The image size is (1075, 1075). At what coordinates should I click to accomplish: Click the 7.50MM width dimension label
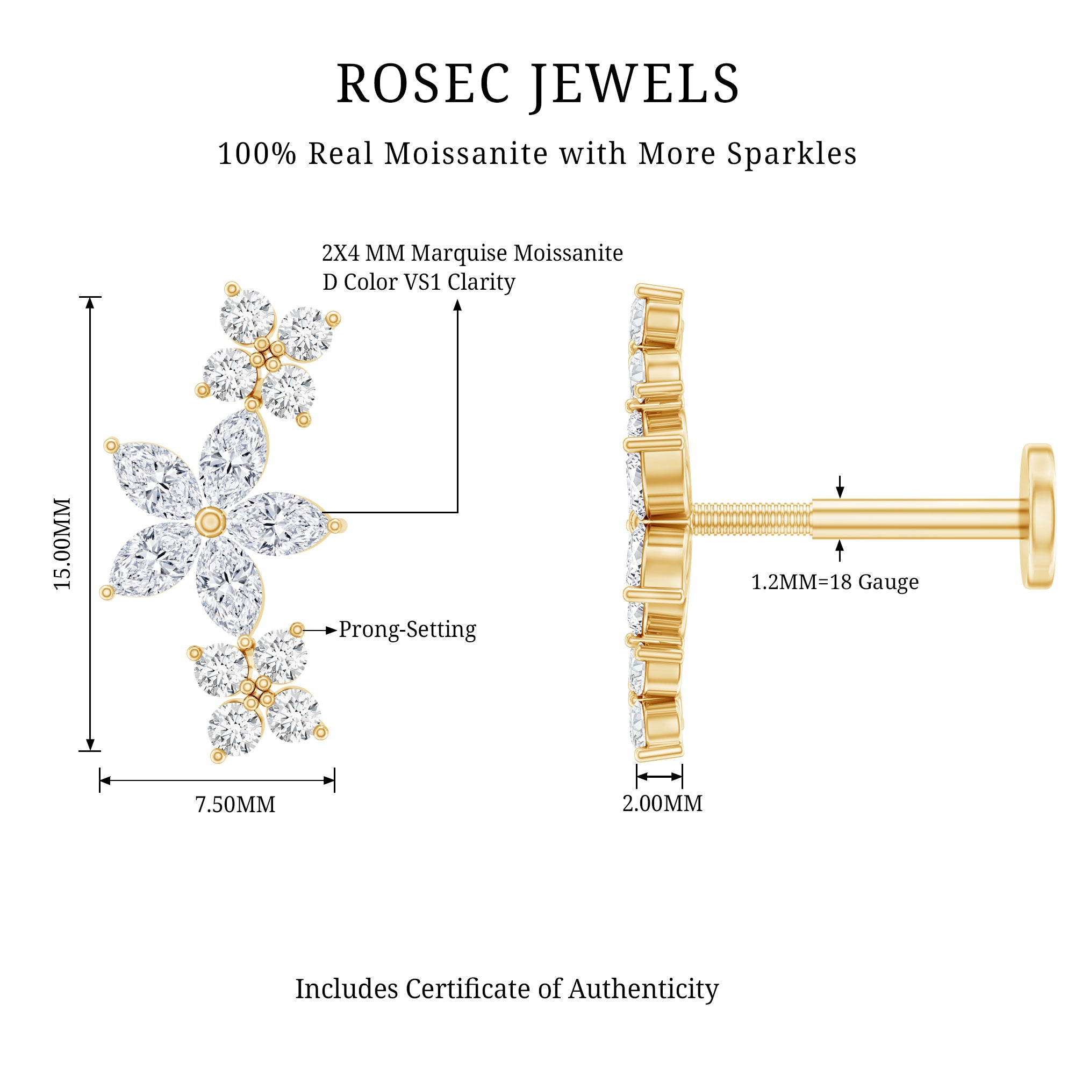coord(235,805)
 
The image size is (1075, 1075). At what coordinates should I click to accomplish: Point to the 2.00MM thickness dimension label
coord(662,804)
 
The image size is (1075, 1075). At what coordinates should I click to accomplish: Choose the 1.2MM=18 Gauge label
coord(835,582)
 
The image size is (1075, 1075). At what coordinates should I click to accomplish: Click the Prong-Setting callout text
coord(407,629)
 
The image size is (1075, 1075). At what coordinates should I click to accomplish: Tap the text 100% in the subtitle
coord(257,154)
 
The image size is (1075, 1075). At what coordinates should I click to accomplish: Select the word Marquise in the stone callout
coord(459,253)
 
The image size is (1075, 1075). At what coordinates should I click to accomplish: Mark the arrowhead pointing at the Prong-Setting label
coord(332,630)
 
